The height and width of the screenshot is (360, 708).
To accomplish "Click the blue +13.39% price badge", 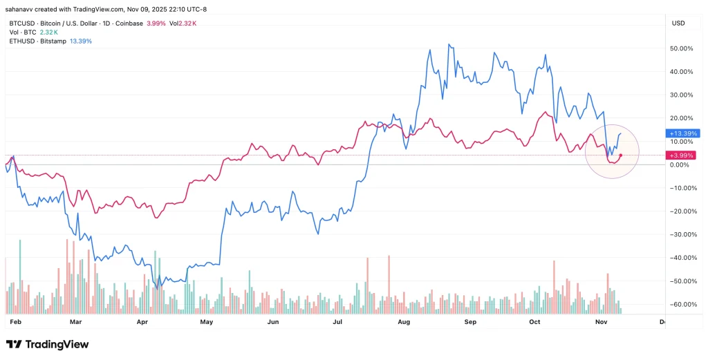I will (683, 133).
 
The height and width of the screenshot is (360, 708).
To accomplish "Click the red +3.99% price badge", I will (682, 155).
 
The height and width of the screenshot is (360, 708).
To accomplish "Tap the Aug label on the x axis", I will (404, 322).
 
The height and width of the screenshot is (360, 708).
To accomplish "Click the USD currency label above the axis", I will (678, 23).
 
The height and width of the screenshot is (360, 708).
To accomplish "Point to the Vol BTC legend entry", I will (22, 32).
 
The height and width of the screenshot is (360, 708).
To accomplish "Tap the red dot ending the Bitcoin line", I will (621, 155).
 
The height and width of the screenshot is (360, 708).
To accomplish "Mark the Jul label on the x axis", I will (338, 322).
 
